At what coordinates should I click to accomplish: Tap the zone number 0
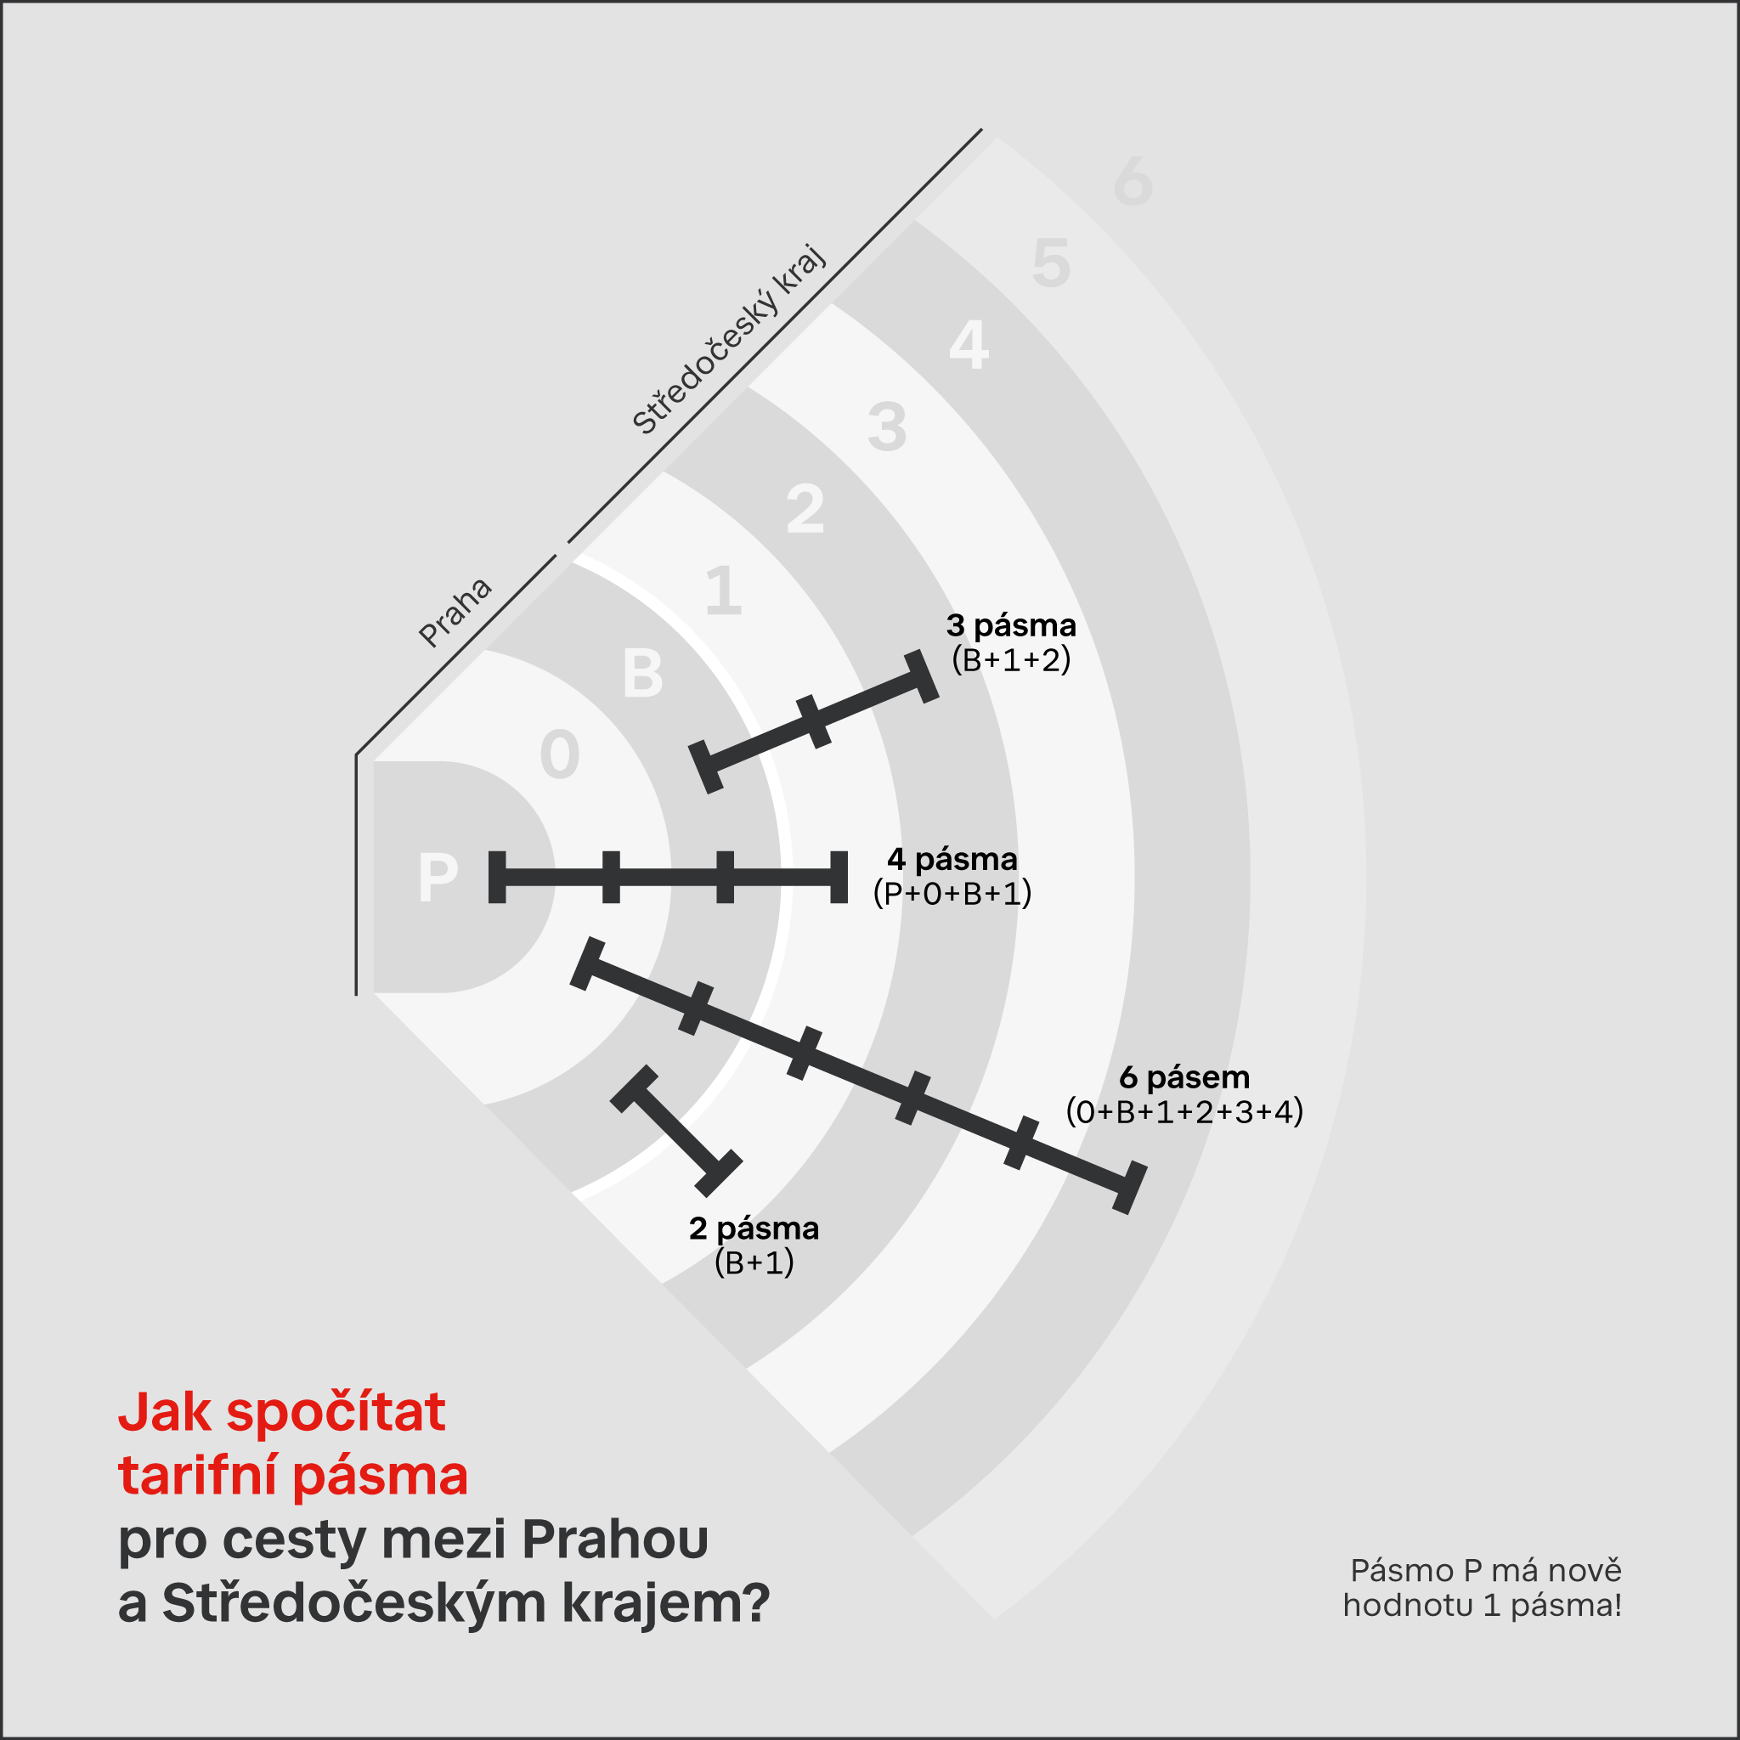pos(559,754)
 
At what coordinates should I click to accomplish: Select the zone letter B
pos(643,673)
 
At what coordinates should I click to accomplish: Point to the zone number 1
pos(725,590)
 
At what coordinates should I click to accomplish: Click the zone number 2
pos(805,509)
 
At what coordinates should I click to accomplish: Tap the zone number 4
pos(969,345)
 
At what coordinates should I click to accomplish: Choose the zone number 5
pos(1051,263)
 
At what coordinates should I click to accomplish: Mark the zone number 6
pos(1133,181)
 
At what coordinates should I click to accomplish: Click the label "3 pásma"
pos(1011,625)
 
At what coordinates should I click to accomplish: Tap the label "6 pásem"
pos(1184,1077)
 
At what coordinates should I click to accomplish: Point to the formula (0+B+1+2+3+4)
pos(1184,1112)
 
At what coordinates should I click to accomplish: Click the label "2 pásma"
pos(754,1229)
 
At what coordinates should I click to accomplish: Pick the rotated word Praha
pos(455,613)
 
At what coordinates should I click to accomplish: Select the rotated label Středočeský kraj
pos(728,340)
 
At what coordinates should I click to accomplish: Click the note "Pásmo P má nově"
pos(1486,1571)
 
